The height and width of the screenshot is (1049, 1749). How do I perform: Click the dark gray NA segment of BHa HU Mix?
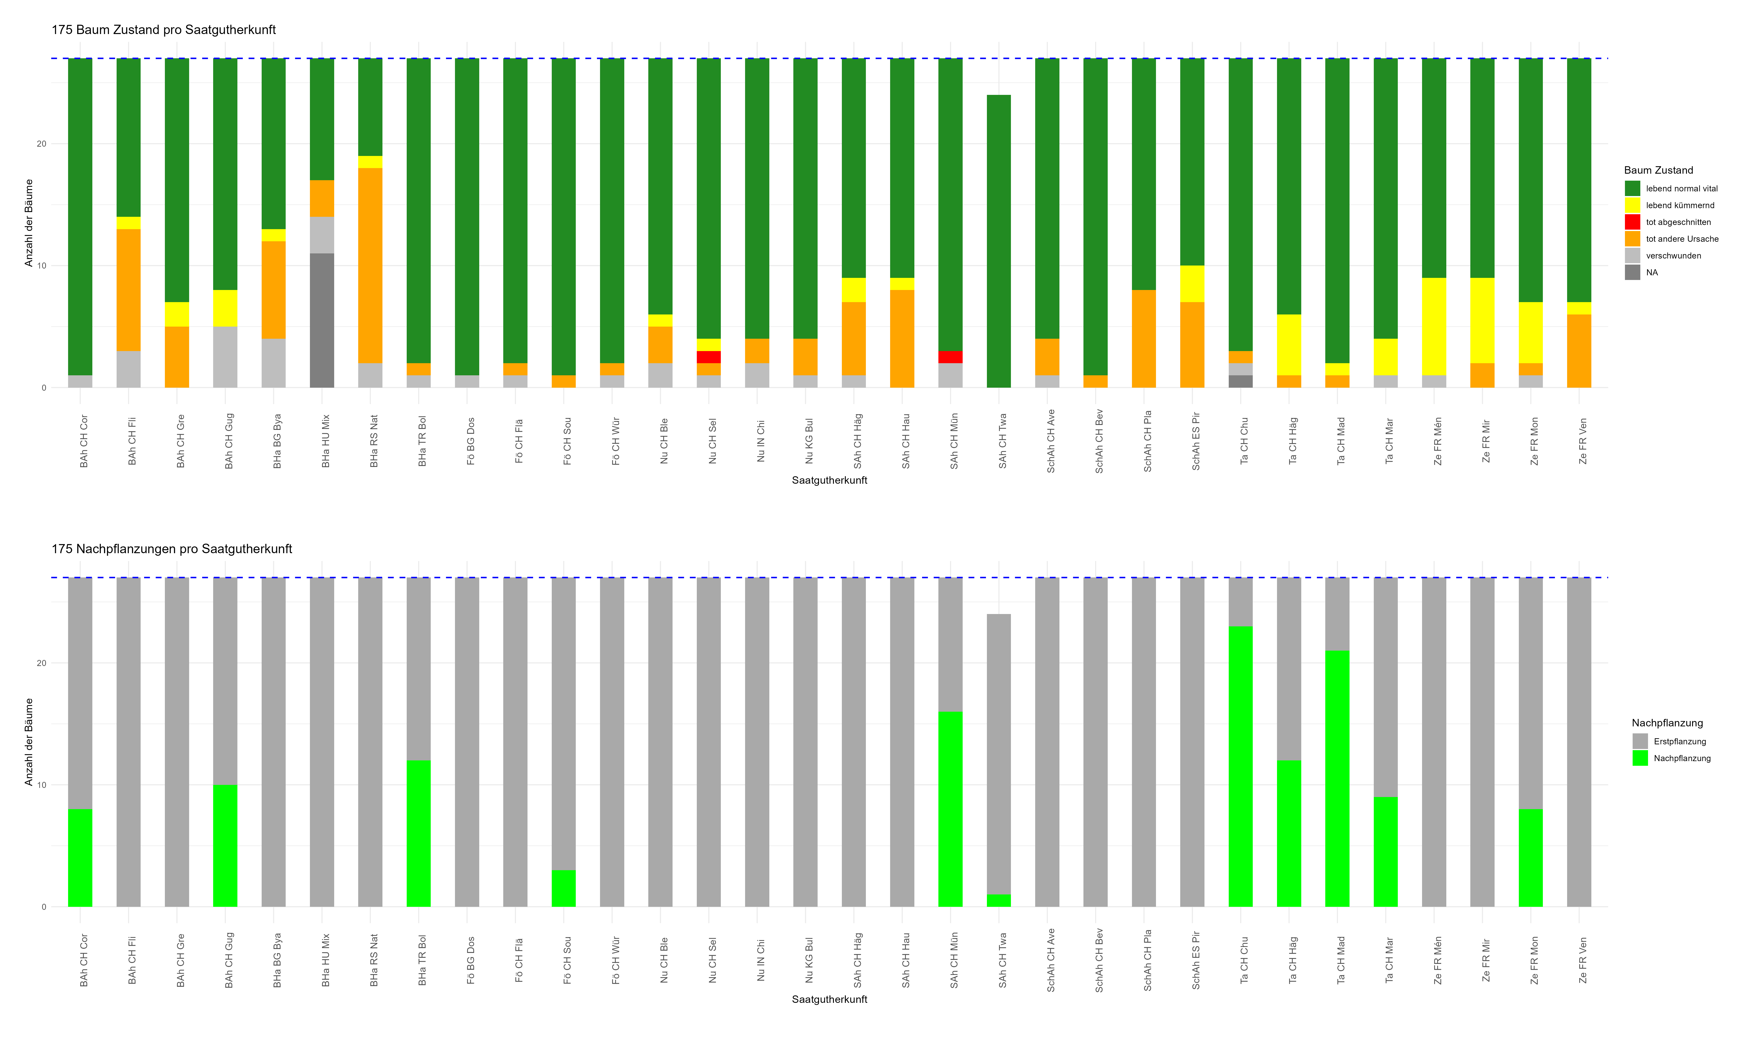click(322, 320)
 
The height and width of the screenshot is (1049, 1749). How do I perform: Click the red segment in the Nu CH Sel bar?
click(708, 357)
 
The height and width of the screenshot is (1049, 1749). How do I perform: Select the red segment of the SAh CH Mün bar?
click(950, 357)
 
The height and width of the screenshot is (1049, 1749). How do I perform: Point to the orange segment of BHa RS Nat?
click(370, 265)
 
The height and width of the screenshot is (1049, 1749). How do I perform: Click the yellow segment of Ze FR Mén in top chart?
click(1434, 327)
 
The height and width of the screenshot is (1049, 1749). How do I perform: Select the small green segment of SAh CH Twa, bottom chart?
click(998, 901)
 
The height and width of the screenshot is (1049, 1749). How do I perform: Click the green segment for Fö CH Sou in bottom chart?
click(563, 889)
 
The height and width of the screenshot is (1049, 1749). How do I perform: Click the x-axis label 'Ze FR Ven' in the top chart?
click(1582, 441)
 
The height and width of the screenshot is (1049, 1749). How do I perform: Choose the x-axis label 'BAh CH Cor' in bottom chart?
click(83, 960)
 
